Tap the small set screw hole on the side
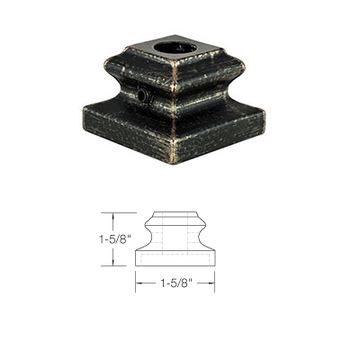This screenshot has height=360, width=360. point(143,94)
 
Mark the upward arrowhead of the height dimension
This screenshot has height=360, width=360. point(112,215)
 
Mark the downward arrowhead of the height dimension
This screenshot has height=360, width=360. point(112,263)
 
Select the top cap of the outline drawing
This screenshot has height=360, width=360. point(175,216)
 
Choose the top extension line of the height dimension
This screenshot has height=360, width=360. point(126,212)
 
